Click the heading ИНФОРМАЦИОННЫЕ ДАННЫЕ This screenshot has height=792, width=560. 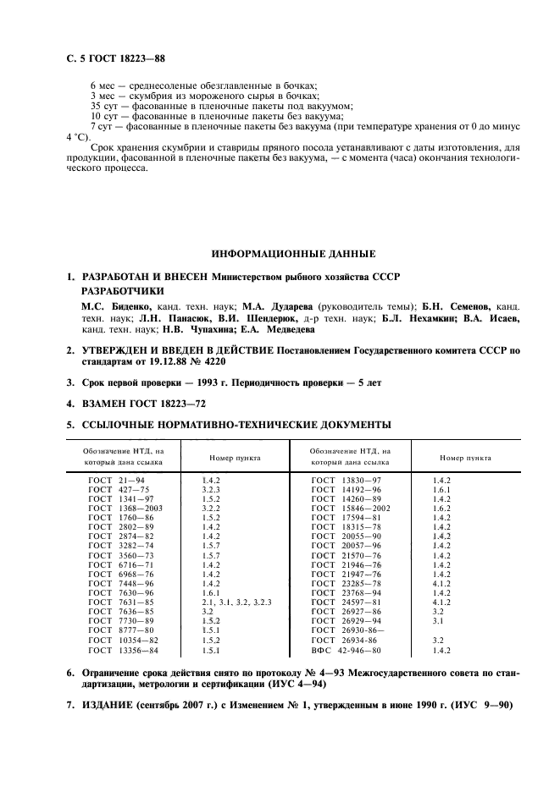[x=293, y=254]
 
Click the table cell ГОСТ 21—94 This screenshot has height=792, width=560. [x=117, y=480]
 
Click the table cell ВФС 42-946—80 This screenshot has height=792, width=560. [x=347, y=652]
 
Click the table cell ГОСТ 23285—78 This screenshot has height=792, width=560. [x=346, y=583]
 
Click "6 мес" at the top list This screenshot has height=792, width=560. [x=103, y=86]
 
